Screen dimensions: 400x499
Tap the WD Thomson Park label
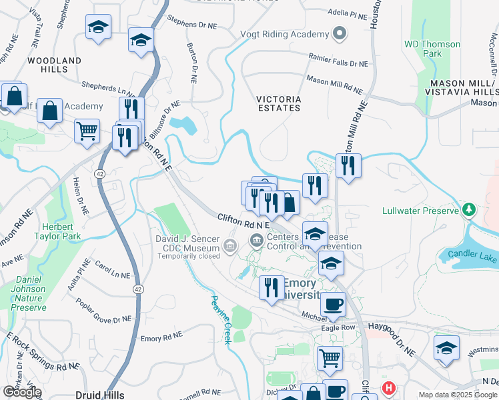(x=432, y=49)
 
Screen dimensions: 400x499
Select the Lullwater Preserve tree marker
(x=469, y=211)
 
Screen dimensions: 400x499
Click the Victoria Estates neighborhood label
(x=279, y=104)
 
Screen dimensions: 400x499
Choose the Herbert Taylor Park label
(x=58, y=231)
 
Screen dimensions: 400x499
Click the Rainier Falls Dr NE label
(x=338, y=64)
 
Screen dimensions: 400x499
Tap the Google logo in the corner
(x=21, y=392)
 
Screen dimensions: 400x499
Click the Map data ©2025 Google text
(x=457, y=394)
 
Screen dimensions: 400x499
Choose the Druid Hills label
(x=98, y=395)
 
